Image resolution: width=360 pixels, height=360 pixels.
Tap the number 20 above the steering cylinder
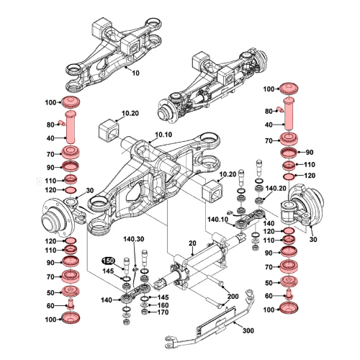192,244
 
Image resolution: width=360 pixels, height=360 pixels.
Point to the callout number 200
233,297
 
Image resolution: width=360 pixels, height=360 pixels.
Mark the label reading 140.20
276,188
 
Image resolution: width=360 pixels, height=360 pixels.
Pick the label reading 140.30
134,239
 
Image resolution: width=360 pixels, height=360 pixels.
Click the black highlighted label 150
107,261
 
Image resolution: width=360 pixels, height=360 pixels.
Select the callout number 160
163,305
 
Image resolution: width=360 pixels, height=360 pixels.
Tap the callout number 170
163,312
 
